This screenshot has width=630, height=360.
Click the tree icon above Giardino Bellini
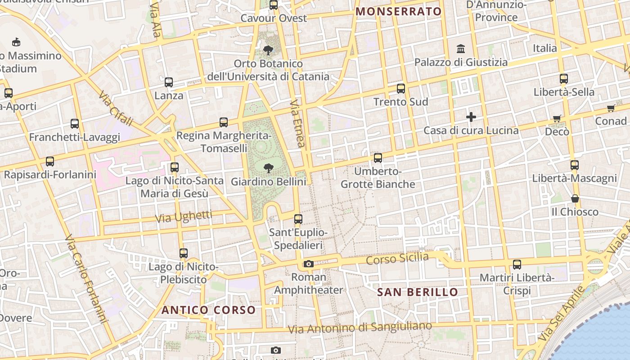pos(269,168)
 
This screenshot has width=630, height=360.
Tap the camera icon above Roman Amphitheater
pos(308,264)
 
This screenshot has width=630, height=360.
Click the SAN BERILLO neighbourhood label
pos(417,292)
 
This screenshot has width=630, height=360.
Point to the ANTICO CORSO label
pos(208,310)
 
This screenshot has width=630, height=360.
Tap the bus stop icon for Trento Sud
pos(401,89)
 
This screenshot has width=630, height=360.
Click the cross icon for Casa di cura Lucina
pos(471,117)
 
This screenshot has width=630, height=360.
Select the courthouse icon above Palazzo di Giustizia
pos(461,49)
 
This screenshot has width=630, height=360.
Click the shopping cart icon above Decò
pos(557,119)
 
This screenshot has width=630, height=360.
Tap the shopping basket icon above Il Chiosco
pos(575,198)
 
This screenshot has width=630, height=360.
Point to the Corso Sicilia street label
pos(397,259)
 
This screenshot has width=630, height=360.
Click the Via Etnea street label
pos(297,123)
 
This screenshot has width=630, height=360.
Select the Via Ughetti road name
pos(183,217)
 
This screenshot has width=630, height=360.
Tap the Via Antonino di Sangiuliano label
pos(360,327)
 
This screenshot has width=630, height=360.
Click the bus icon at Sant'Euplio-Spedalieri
pos(298,219)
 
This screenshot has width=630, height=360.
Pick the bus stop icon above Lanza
pos(169,82)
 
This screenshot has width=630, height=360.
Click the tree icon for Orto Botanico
pos(268,50)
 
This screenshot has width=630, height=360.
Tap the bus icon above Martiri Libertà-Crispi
pos(517,265)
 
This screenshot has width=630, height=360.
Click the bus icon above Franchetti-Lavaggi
pos(75,124)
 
